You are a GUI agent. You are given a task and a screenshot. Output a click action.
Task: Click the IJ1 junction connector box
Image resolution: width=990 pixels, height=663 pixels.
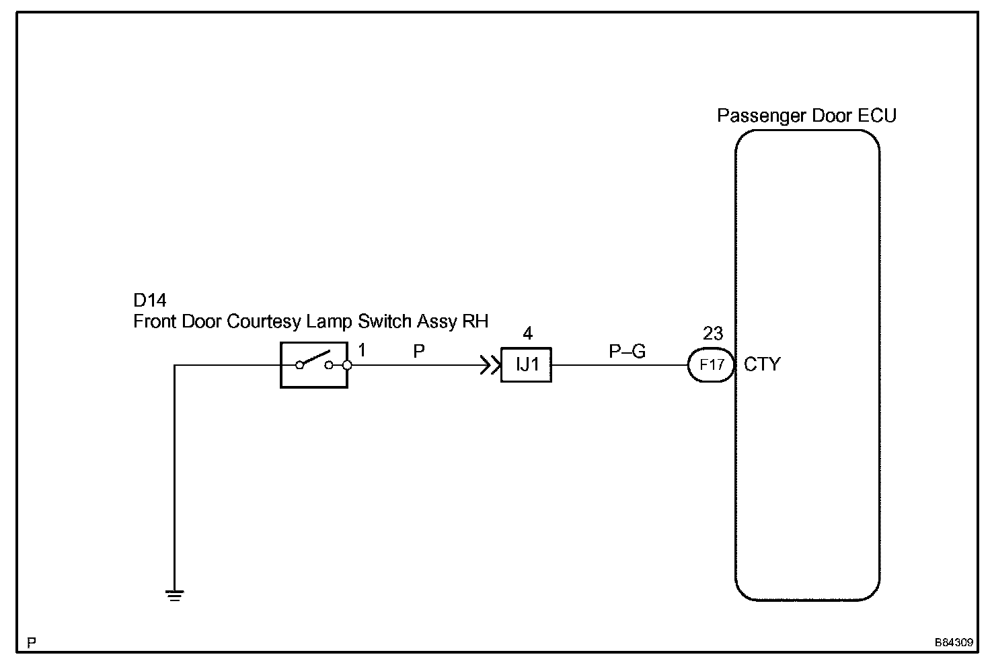coord(526,365)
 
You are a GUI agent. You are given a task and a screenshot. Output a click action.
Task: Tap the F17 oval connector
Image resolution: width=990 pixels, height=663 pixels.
coord(712,365)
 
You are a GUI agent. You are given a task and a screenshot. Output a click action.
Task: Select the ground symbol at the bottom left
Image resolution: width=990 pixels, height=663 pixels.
coord(174,595)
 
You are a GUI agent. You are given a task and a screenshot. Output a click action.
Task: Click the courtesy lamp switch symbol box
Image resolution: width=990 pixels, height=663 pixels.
coord(313,365)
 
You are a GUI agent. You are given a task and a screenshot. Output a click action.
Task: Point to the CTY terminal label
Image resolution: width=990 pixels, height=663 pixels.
coord(762,364)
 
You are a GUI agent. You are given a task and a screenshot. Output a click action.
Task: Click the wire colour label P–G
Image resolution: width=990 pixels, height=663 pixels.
coord(627,350)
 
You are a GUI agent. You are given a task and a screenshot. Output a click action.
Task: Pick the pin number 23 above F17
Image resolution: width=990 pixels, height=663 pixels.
coord(712,333)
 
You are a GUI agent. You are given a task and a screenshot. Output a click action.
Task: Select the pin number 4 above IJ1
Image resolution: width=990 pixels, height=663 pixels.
coord(527,334)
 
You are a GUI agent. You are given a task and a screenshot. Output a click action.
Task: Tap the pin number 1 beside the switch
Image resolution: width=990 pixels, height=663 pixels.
coord(362,350)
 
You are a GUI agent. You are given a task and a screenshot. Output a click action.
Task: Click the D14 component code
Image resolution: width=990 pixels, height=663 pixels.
coord(150,300)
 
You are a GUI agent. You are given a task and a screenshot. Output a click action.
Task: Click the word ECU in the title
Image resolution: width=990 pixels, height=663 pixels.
coord(877,116)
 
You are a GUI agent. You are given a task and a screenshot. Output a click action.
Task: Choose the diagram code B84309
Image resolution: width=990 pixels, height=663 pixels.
coord(953,643)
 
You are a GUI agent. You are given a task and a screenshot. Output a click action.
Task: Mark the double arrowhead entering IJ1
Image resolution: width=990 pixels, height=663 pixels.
coord(489,366)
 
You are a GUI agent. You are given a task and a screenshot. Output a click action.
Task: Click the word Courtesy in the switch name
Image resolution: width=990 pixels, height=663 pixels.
coord(264,321)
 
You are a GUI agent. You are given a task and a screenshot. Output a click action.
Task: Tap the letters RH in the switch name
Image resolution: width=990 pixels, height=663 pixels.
coord(475,321)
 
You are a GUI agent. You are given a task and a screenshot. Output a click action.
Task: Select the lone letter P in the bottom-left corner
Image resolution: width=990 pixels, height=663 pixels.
coord(31,643)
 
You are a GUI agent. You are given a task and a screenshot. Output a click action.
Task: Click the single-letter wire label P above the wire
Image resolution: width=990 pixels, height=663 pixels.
coord(419,350)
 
